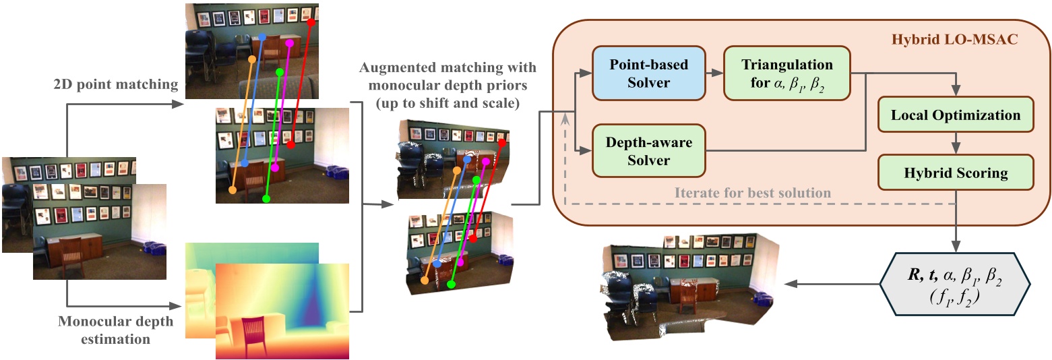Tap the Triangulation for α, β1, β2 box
786,73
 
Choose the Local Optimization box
955,115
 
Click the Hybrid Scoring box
955,173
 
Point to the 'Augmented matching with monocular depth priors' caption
447,87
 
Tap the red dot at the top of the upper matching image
311,22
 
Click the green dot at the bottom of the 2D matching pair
266,199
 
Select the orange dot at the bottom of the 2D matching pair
233,191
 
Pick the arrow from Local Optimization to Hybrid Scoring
955,143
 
